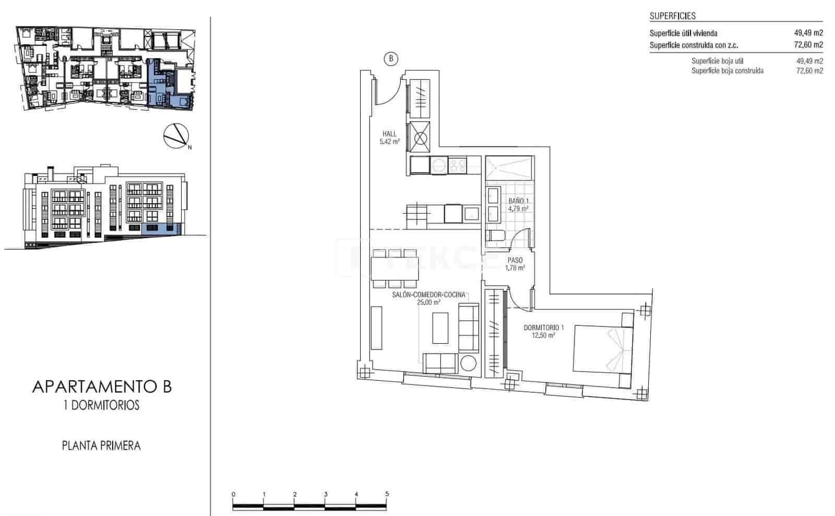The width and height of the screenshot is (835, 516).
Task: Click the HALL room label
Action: (389, 134)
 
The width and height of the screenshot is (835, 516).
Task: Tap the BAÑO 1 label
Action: (518, 201)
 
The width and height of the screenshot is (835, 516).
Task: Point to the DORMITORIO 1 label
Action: (544, 328)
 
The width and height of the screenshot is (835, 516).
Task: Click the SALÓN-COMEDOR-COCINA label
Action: (428, 295)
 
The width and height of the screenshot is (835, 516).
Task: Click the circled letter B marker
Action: (391, 58)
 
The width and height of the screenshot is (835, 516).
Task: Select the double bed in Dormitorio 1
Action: (603, 348)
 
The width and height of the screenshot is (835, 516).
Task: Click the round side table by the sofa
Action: (468, 362)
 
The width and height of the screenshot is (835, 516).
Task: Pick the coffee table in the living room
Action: (440, 327)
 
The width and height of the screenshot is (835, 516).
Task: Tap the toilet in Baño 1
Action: (495, 238)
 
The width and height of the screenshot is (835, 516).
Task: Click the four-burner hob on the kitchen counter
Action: (458, 166)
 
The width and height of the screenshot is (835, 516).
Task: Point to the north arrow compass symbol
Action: (176, 136)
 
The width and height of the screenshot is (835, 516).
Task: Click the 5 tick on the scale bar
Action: (387, 494)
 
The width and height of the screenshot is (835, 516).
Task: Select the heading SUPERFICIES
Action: (672, 16)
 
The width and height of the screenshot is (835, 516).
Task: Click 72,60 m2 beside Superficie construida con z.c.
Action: (808, 45)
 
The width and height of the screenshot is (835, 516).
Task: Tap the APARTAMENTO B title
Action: (102, 387)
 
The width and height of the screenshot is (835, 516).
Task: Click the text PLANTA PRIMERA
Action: (101, 446)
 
